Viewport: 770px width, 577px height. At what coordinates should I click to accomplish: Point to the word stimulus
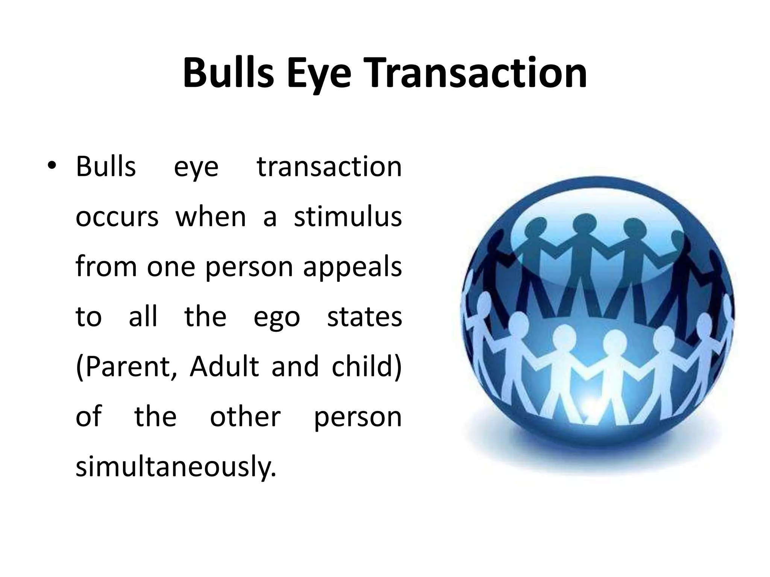[x=348, y=217]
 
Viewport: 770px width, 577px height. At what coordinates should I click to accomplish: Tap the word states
[x=364, y=316]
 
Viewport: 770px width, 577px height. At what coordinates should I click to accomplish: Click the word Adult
[x=224, y=366]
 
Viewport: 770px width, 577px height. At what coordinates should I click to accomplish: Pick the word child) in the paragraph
[x=367, y=366]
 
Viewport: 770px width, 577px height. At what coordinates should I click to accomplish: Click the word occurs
[x=117, y=217]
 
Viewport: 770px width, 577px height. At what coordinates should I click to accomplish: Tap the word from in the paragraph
[x=106, y=266]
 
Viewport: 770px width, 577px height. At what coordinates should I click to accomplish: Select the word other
[x=245, y=416]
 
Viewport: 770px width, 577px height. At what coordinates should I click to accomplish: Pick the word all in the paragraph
[x=143, y=316]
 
